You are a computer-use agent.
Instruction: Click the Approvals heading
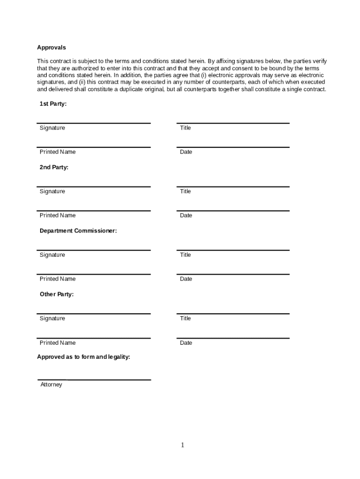coord(51,47)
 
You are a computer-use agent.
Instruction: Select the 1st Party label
coord(53,104)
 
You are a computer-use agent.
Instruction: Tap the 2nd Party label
coord(54,167)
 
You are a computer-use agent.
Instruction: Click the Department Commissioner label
coord(78,231)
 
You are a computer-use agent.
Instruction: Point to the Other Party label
coord(57,294)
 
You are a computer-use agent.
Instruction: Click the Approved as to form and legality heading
coord(84,357)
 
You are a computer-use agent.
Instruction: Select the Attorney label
coord(51,385)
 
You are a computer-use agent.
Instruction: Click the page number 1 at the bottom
coord(183,445)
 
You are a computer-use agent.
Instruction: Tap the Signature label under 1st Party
coord(52,128)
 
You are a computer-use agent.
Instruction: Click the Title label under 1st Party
coord(186,128)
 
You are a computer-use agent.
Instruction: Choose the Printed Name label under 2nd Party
coord(58,215)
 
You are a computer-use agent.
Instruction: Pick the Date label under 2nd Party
coord(186,215)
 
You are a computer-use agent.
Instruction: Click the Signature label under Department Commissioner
coord(52,254)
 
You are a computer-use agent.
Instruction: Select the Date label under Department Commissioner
coord(186,279)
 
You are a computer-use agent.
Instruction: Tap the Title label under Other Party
coord(186,318)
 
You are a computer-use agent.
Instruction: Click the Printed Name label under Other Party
coord(58,342)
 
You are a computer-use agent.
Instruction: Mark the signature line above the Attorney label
coord(94,380)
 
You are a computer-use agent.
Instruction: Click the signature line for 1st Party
coord(94,123)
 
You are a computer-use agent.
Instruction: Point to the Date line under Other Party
coord(233,338)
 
